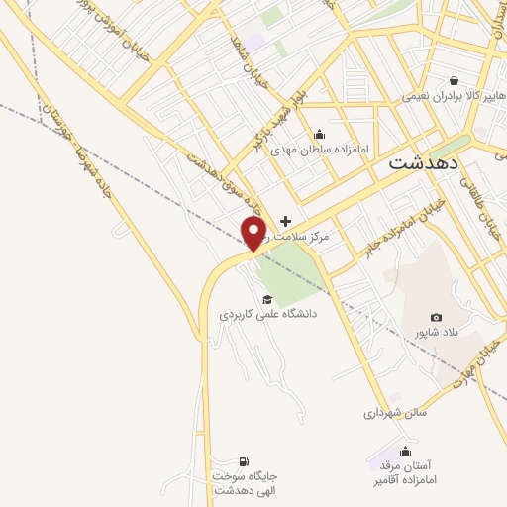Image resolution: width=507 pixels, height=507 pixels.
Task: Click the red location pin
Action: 254,234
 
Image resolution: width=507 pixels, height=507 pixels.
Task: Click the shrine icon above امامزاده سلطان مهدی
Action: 319,135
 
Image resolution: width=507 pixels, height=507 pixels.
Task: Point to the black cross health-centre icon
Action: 286,221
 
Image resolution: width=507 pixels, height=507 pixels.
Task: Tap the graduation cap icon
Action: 265,299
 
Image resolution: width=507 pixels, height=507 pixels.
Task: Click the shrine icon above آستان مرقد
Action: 404,451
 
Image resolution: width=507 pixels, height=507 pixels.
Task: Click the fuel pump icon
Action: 244,461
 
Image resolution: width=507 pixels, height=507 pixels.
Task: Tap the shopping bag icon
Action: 454,81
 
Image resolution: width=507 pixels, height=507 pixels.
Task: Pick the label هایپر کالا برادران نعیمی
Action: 454,97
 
